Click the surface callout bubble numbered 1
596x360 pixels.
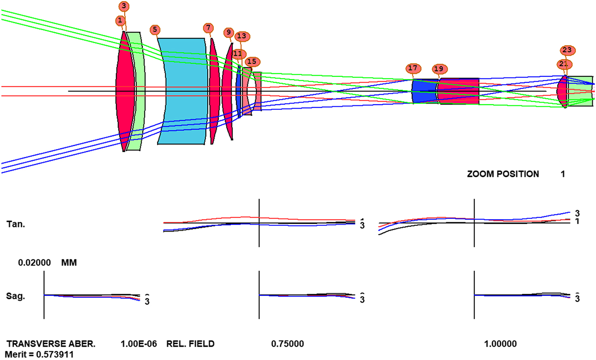[x=120, y=20]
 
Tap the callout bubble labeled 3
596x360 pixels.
[x=124, y=6]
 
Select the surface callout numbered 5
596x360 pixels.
[x=154, y=29]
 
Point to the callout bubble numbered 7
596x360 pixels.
[x=208, y=27]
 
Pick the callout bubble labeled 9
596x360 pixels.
[x=228, y=32]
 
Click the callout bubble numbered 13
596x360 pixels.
[x=242, y=36]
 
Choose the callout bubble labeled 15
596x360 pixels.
[x=252, y=61]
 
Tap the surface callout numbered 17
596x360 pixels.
[x=412, y=68]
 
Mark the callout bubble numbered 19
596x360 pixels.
[x=439, y=69]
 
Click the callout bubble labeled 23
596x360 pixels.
[x=567, y=50]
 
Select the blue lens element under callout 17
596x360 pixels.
[x=424, y=91]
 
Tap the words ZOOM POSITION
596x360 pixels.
[x=503, y=174]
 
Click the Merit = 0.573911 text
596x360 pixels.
[x=39, y=354]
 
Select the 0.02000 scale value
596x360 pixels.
[x=34, y=263]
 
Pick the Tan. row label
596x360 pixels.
[x=15, y=224]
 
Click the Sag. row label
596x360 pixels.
[x=15, y=296]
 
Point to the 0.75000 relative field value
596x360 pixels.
[x=287, y=344]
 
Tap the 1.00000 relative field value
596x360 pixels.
[x=500, y=344]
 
